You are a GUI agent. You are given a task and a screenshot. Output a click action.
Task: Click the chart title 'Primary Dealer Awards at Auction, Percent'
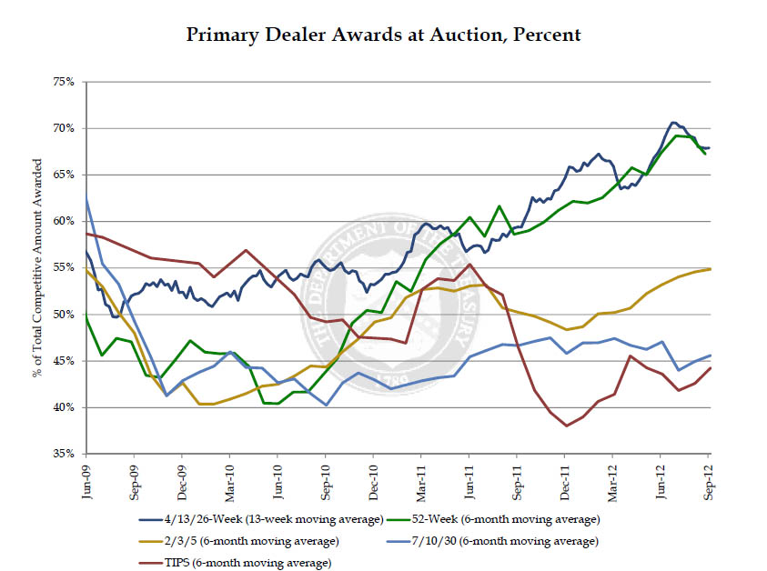[383, 35]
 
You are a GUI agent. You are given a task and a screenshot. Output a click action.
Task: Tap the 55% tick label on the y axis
[62, 268]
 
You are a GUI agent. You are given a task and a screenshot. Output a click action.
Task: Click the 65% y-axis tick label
[62, 175]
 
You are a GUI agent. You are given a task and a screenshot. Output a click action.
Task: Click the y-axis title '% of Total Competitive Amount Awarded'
[37, 268]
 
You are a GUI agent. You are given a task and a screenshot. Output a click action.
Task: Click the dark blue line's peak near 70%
[673, 122]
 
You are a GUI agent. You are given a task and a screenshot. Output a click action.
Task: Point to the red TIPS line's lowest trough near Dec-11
[566, 426]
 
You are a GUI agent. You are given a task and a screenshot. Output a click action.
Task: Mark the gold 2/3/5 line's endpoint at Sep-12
[710, 268]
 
